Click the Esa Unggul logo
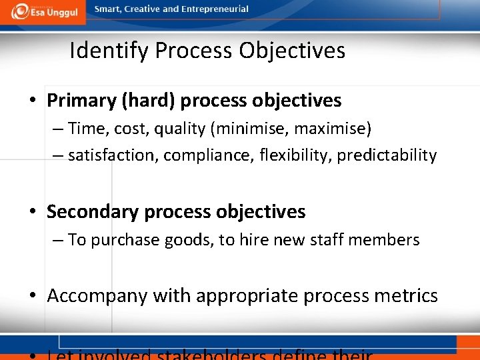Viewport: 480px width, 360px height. coord(41,11)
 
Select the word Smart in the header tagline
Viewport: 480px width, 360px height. coord(108,9)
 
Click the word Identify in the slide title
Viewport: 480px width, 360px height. coord(109,51)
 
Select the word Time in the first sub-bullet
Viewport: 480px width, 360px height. coord(84,128)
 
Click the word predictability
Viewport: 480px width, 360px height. coord(387,155)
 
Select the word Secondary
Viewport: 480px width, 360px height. coord(87,212)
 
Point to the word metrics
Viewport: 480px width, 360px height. coord(405,296)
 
